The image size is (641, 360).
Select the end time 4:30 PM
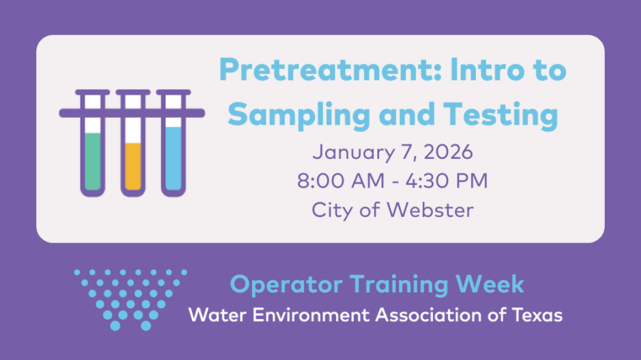point(447,181)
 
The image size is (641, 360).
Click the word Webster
point(430,210)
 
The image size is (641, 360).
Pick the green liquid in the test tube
point(93,161)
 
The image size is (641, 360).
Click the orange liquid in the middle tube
point(133,166)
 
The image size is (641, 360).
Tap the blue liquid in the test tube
point(173,159)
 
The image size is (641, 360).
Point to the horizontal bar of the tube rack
point(132,113)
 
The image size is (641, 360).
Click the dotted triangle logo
point(130,299)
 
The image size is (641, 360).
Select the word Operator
point(286,285)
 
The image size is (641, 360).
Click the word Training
point(399,285)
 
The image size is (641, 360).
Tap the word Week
point(490,284)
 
